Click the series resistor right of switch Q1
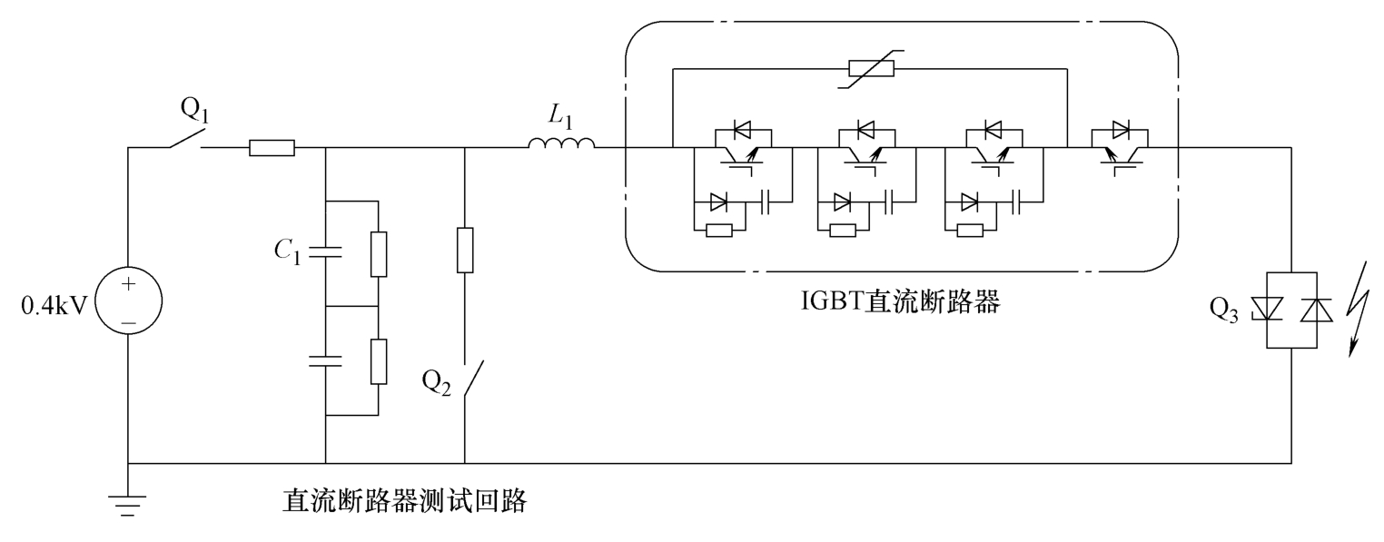tap(272, 148)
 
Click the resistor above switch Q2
tap(464, 250)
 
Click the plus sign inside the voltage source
tap(127, 285)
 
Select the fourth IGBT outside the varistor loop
tap(1120, 146)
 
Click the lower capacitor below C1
tap(325, 360)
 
